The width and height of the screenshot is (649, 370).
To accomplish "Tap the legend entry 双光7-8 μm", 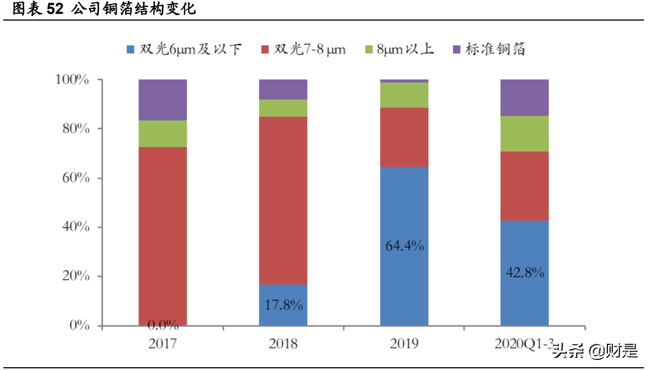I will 303,50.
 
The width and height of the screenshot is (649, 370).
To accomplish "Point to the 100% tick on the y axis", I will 72,80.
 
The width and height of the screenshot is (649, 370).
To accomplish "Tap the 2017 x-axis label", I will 162,343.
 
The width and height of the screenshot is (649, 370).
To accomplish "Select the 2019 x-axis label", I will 404,343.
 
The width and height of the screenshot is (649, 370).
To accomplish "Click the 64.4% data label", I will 405,245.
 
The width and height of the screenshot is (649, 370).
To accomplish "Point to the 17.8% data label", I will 283,305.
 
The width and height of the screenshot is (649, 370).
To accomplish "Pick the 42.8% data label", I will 525,273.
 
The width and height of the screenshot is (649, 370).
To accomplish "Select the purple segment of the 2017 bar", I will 162,100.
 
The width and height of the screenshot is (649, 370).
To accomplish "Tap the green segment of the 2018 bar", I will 283,108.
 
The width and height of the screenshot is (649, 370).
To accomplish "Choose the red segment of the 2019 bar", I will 404,137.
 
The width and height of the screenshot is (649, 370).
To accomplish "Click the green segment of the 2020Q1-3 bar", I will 525,134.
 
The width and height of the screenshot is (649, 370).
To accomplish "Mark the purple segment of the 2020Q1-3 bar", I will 525,97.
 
